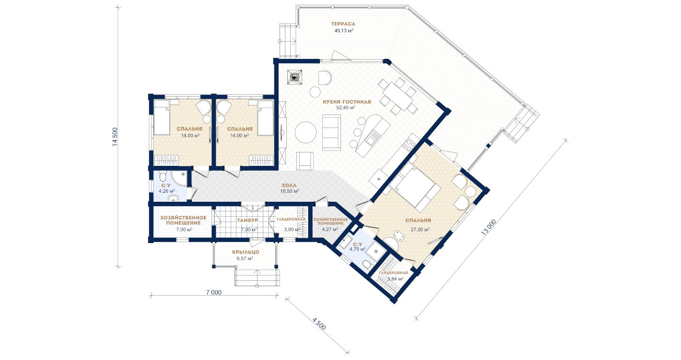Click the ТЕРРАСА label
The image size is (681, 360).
click(x=343, y=23)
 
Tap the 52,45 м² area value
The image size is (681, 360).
click(x=346, y=107)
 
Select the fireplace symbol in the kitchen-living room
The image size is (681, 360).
click(x=294, y=78)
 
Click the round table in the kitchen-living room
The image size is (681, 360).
click(x=305, y=132)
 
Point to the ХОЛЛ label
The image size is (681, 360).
click(x=289, y=185)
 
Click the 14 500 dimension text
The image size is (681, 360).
click(x=115, y=137)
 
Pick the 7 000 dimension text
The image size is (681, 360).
click(x=214, y=292)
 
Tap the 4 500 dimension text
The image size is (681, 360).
click(x=319, y=324)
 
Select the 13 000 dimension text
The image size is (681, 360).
click(x=489, y=227)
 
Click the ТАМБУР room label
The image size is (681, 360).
click(x=247, y=220)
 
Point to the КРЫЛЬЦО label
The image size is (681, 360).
click(x=246, y=252)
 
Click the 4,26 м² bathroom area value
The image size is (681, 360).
click(x=166, y=191)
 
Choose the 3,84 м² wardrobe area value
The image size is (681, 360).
click(x=395, y=279)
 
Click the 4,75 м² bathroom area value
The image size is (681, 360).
click(x=358, y=249)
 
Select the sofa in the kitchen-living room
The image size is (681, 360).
click(x=331, y=132)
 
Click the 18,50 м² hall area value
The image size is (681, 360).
click(x=290, y=191)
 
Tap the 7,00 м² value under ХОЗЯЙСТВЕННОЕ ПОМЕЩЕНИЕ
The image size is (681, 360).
click(x=184, y=229)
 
